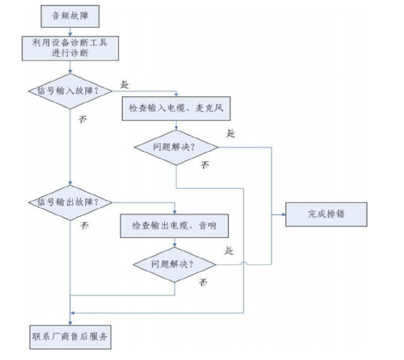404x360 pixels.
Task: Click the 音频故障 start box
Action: tap(71, 17)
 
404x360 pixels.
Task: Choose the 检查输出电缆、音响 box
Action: tap(177, 224)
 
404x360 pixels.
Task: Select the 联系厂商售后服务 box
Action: tap(71, 337)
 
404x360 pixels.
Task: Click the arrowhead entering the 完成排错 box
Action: tap(283, 214)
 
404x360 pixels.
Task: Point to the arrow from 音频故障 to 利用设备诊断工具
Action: tap(71, 31)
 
